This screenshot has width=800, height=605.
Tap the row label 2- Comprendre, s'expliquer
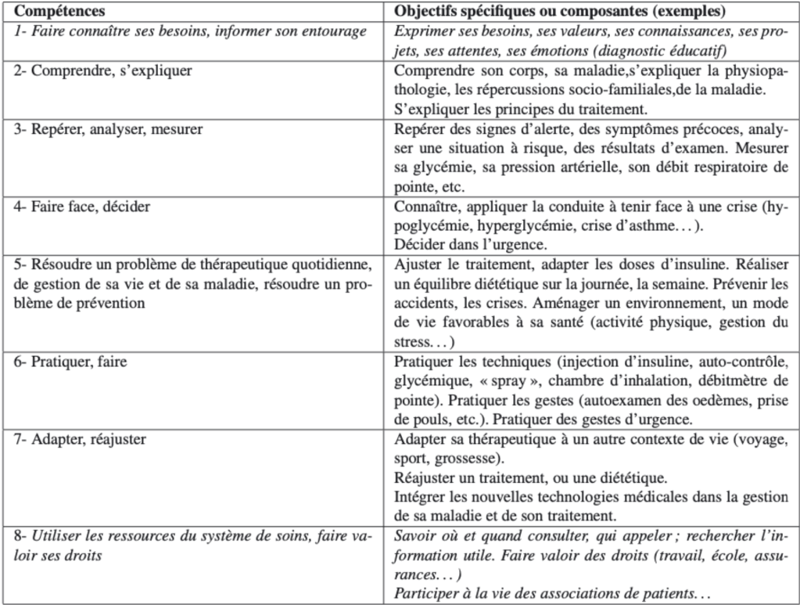(x=103, y=70)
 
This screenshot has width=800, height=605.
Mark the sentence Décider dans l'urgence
(x=456, y=243)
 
